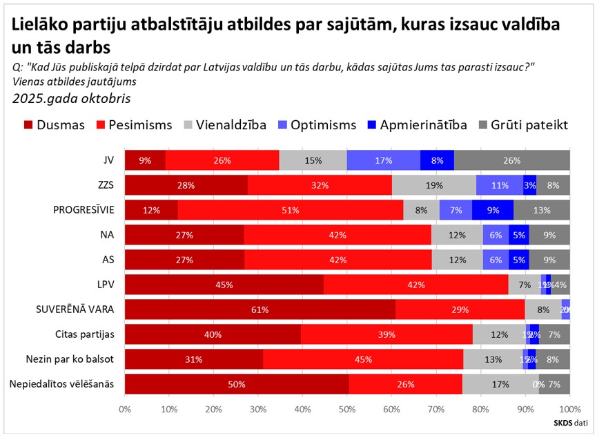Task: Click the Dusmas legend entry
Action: coord(55,125)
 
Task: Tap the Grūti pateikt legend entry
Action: coord(518,125)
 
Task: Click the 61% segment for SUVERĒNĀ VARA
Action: coord(260,310)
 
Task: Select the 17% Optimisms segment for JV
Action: coord(383,160)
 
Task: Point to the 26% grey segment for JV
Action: coord(512,160)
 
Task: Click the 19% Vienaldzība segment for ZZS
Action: coord(433,185)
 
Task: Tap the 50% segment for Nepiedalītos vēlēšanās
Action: coord(237,383)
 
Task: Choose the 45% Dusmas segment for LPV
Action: coord(224,285)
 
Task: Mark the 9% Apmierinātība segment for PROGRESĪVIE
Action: coord(493,211)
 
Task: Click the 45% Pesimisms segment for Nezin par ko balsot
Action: coord(363,359)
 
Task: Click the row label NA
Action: coord(107,235)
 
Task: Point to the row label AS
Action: coord(108,260)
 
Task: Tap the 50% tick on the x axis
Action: coord(347,409)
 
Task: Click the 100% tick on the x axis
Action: coord(569,409)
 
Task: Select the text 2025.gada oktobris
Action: coord(71,98)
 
